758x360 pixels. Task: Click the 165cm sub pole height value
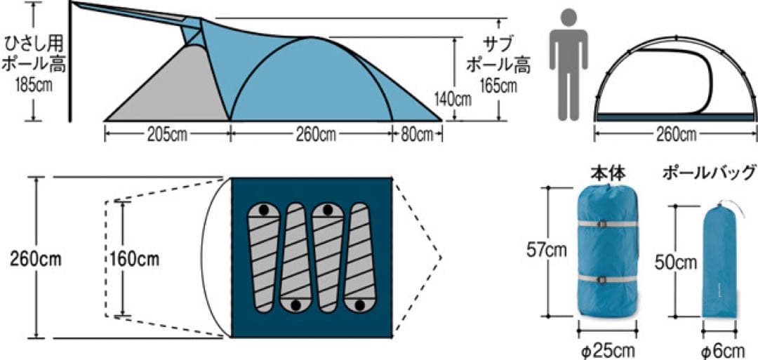tap(498, 86)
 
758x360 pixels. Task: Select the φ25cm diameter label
tap(608, 349)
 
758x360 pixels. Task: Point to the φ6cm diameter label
tap(722, 349)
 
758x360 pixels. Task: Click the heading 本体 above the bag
tap(608, 171)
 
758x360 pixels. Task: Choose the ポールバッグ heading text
tap(710, 171)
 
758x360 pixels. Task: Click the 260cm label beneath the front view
tap(676, 135)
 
